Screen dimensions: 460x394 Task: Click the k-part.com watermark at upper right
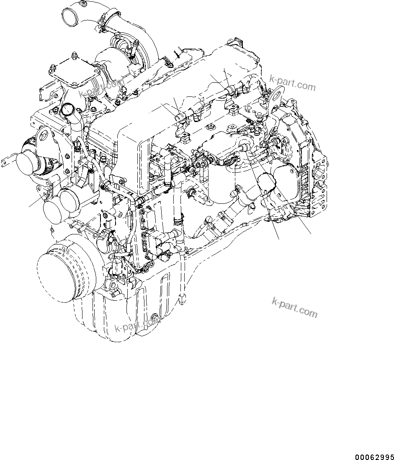[293, 83]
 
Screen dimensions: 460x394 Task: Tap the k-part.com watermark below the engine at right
[294, 307]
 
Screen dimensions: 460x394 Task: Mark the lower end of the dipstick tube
[183, 300]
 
